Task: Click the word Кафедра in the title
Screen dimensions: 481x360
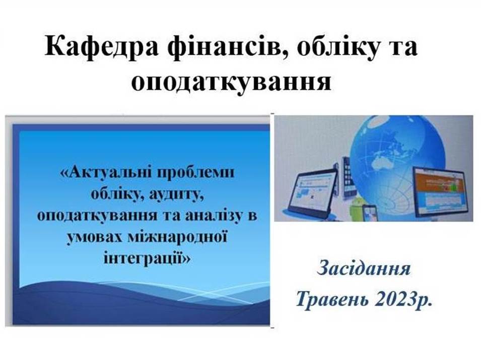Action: click(x=102, y=46)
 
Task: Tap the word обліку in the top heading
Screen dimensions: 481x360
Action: click(x=337, y=46)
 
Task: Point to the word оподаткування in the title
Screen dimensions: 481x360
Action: click(x=232, y=82)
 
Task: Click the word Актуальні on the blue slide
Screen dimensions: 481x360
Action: click(x=108, y=172)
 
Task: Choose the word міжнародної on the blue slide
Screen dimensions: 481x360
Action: click(x=177, y=237)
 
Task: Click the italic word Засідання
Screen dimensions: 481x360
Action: click(x=364, y=269)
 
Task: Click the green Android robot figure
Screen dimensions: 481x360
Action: click(x=356, y=208)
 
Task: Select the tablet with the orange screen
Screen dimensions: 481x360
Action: click(x=439, y=191)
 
